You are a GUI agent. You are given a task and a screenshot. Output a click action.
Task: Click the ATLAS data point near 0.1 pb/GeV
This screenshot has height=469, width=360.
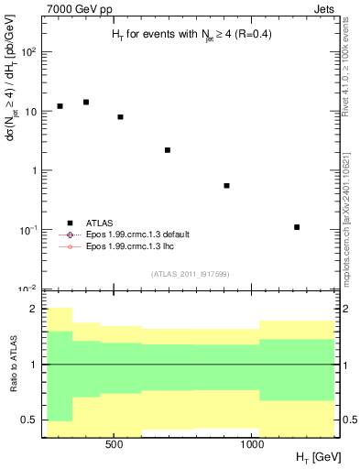[x=297, y=227]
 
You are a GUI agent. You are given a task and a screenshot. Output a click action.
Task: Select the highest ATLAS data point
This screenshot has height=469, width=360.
[x=86, y=102]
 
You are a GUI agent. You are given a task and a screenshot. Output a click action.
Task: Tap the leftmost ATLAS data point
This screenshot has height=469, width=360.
[x=60, y=106]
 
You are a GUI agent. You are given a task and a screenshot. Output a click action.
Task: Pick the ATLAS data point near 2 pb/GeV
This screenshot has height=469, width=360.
[x=168, y=150]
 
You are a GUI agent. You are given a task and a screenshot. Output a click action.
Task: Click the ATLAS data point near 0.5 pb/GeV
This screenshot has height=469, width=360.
[x=226, y=186]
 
